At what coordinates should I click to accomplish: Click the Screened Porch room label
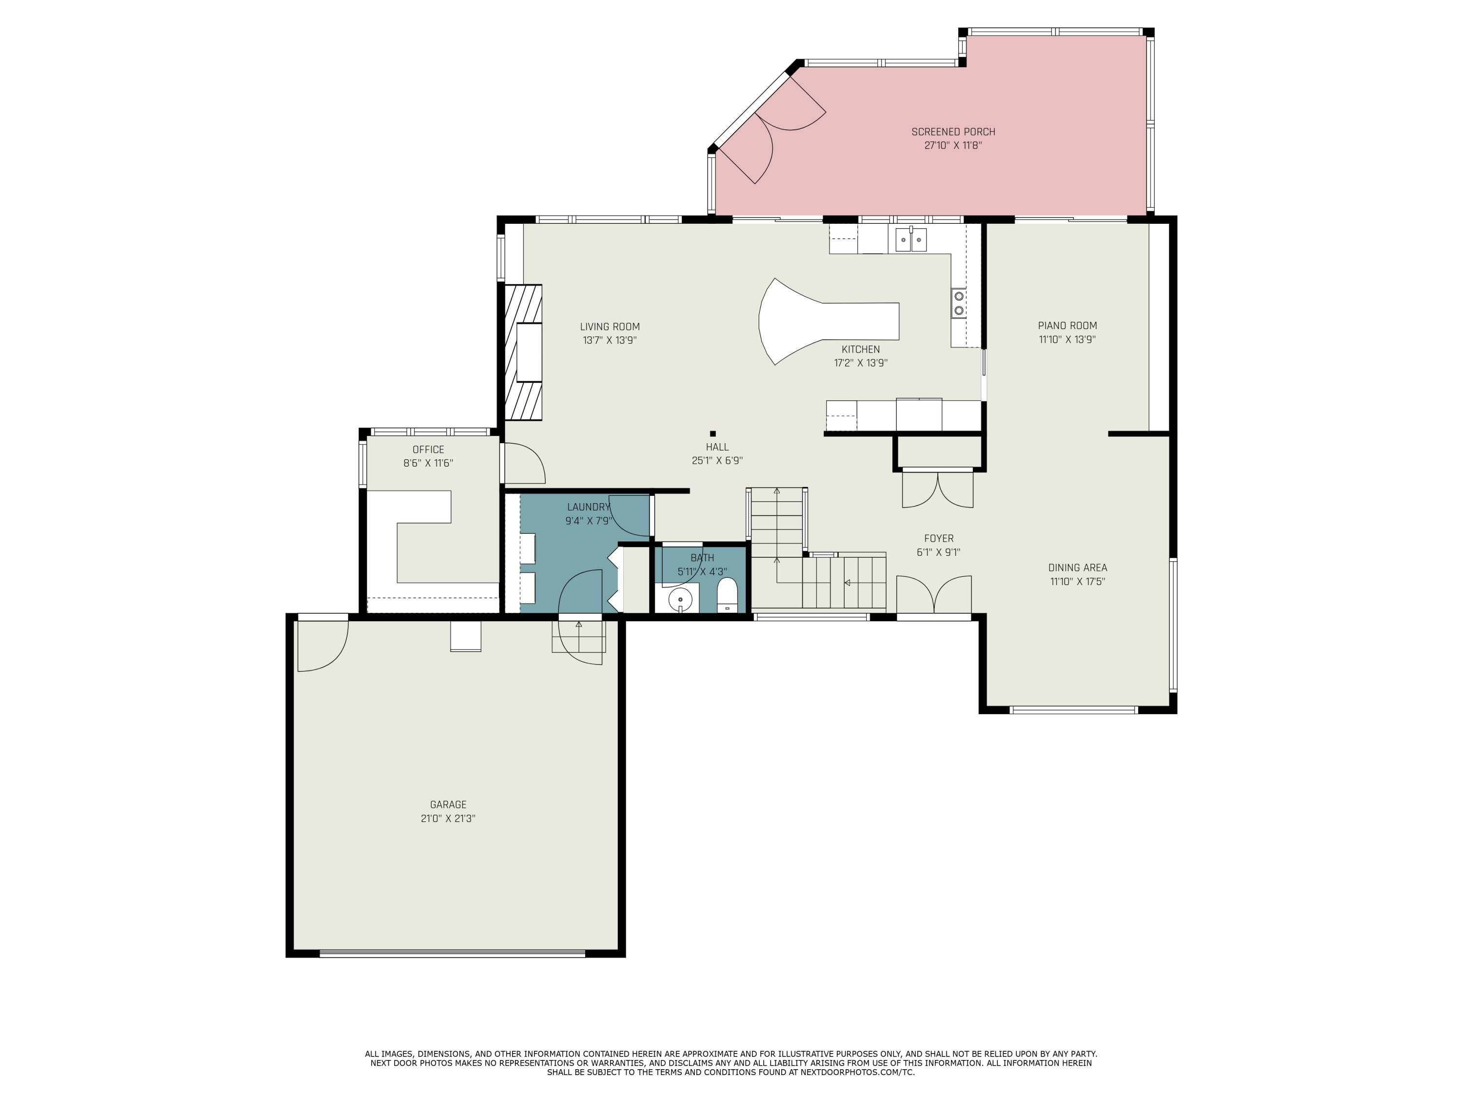952,132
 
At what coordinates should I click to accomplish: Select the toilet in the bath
727,595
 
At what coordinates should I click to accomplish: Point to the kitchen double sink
911,239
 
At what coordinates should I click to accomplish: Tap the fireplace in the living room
524,353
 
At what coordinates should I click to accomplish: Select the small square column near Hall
712,434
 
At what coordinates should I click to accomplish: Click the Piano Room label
1067,325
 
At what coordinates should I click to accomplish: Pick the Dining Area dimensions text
1077,582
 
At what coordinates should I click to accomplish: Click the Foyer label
939,538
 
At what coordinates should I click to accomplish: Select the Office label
428,450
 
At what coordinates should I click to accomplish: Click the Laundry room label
588,507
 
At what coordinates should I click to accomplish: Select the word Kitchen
860,349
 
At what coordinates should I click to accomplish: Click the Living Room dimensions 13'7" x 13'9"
609,340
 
